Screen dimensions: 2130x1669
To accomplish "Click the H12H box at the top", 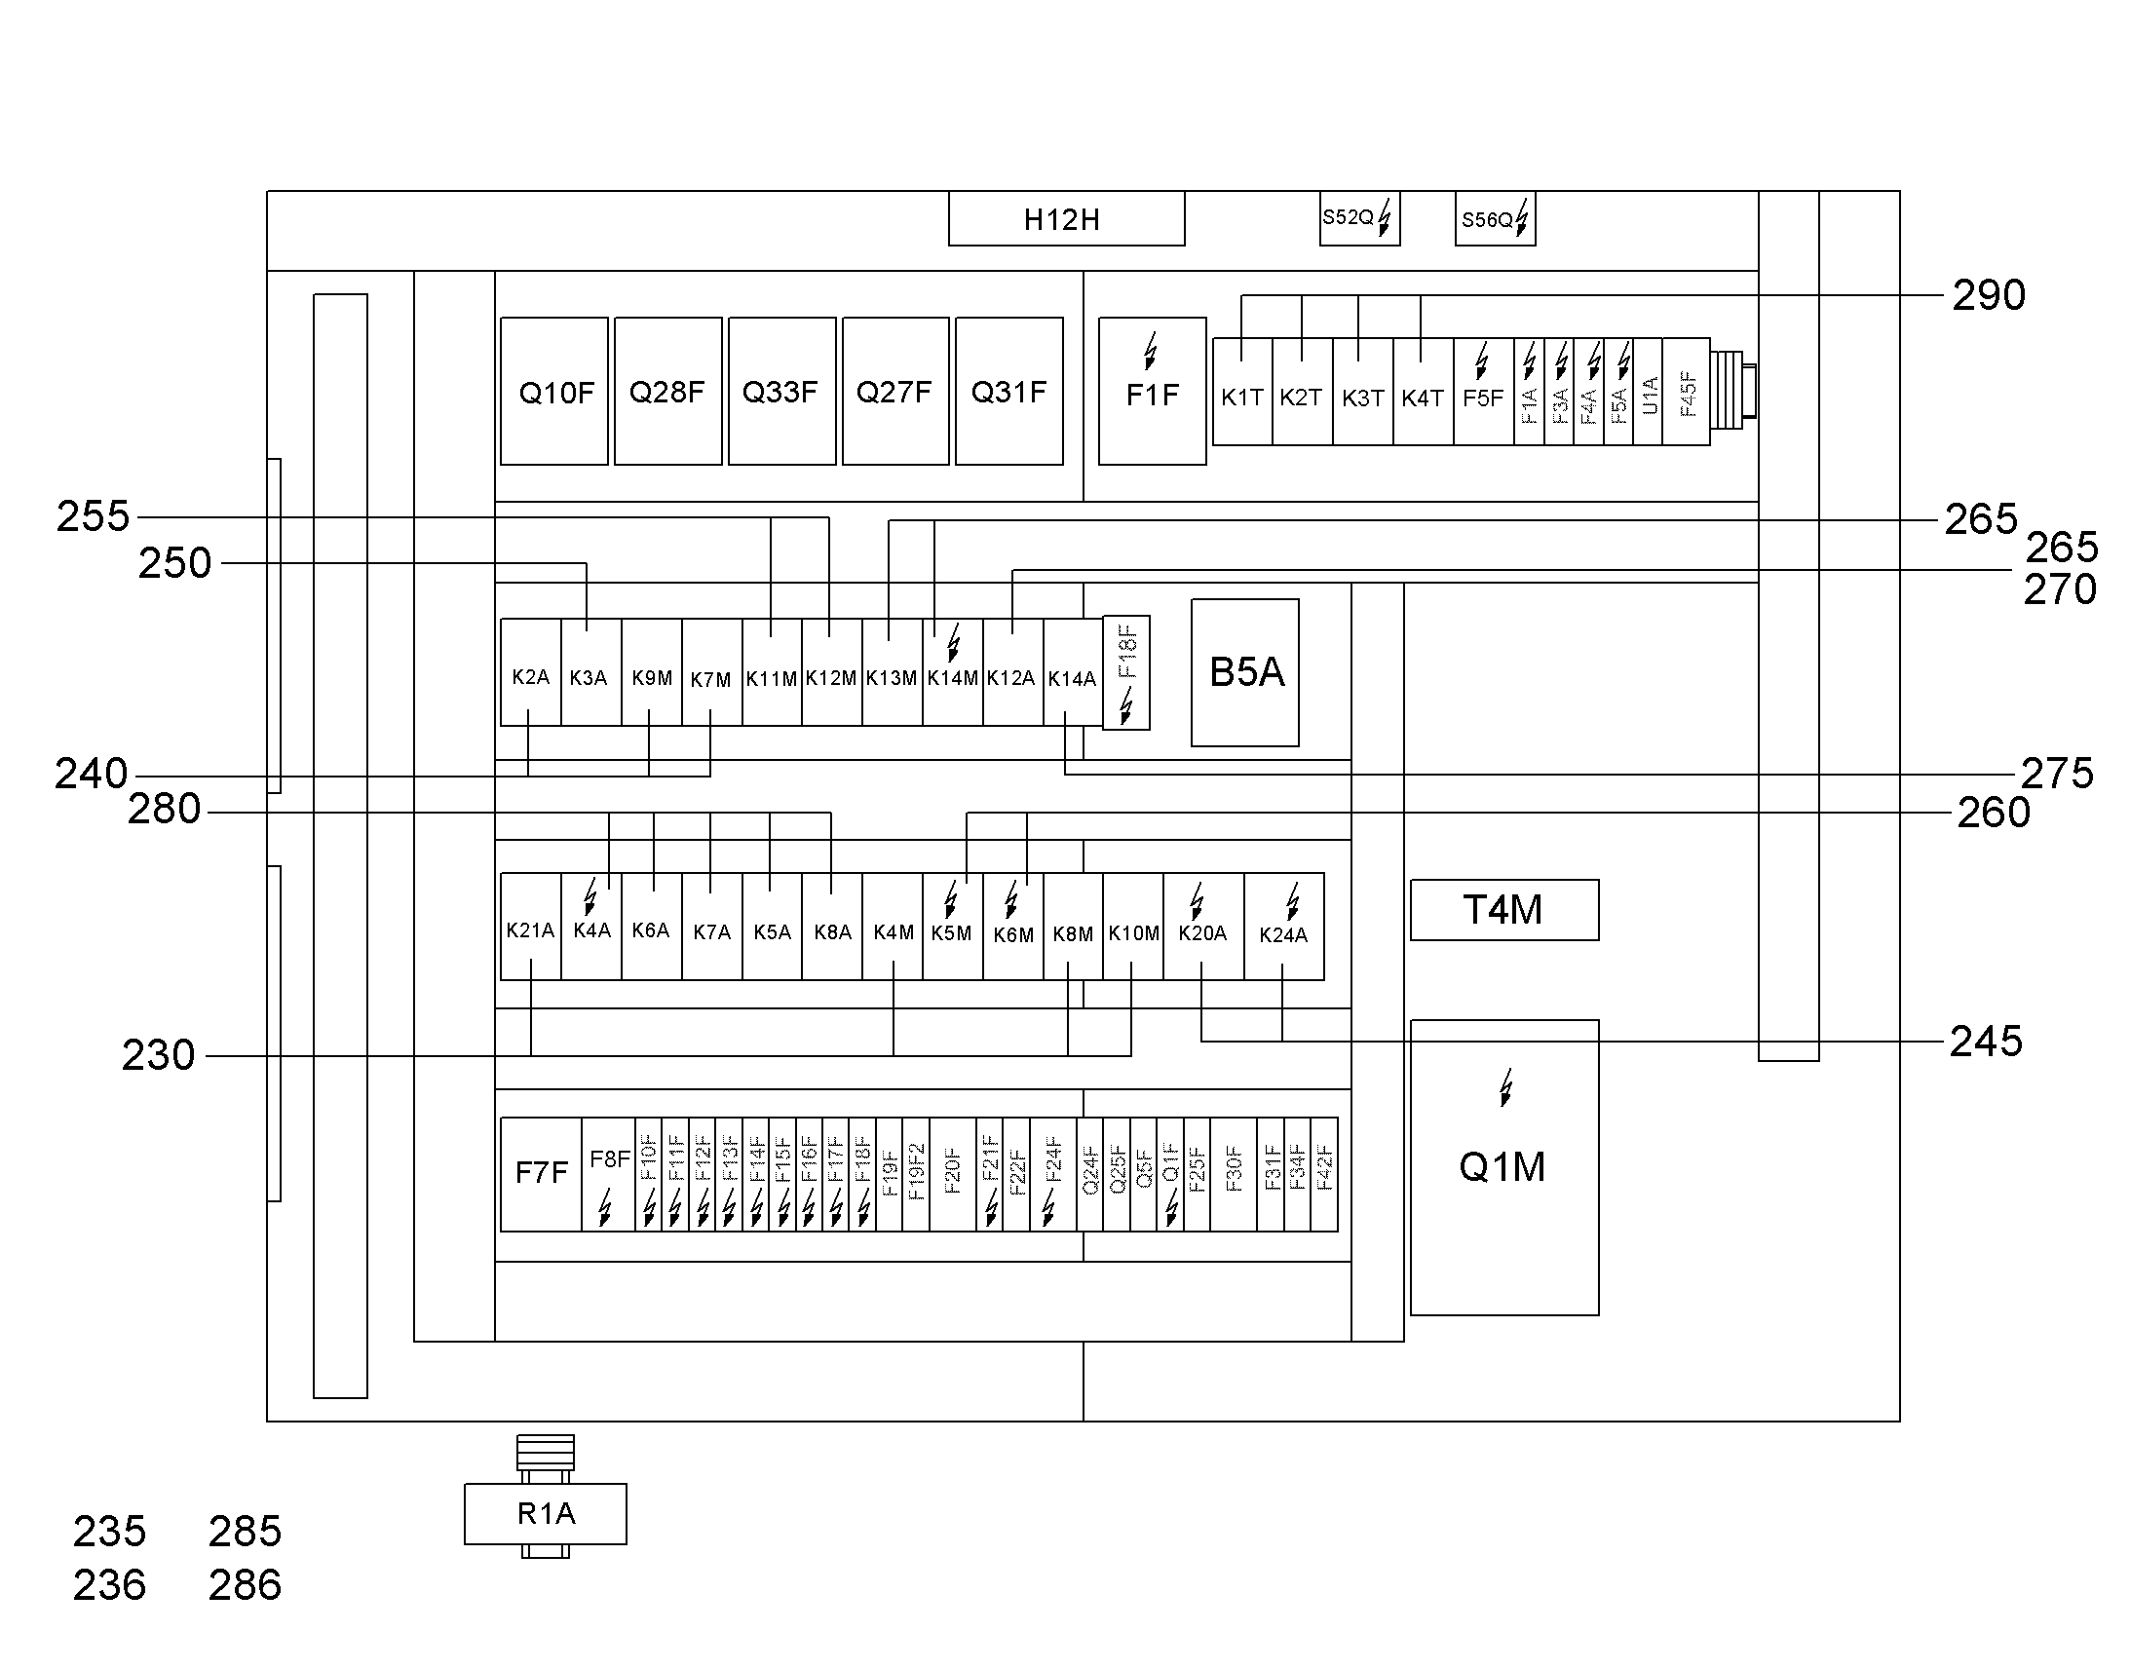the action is point(1066,218).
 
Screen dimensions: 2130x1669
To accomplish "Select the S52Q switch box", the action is point(1359,218).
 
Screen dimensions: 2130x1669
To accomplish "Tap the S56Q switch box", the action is point(1495,218).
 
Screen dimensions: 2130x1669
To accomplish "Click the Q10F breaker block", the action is point(554,391).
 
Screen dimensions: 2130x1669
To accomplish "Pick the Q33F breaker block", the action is point(781,391).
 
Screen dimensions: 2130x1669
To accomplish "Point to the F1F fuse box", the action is point(1152,391).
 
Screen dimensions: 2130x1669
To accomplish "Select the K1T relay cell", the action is point(1241,392).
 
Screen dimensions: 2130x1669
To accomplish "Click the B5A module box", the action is point(1245,672).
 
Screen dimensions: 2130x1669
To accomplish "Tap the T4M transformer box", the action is point(1504,910).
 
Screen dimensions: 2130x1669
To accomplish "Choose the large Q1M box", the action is point(1504,1167).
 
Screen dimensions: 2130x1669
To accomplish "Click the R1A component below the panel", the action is point(546,1514).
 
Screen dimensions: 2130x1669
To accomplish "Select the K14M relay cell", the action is point(953,672).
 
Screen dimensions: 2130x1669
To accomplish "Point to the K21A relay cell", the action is point(530,927).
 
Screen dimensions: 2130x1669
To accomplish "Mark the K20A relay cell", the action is point(1202,927).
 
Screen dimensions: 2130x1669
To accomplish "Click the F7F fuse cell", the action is point(542,1175).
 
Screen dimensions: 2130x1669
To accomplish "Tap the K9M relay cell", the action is point(652,672).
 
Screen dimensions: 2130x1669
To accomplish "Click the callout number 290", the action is point(1990,295).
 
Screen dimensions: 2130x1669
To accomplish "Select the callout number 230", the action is point(158,1055).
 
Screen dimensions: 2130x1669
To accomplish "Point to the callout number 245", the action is point(1987,1042).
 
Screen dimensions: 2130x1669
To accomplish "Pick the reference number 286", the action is point(246,1585).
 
